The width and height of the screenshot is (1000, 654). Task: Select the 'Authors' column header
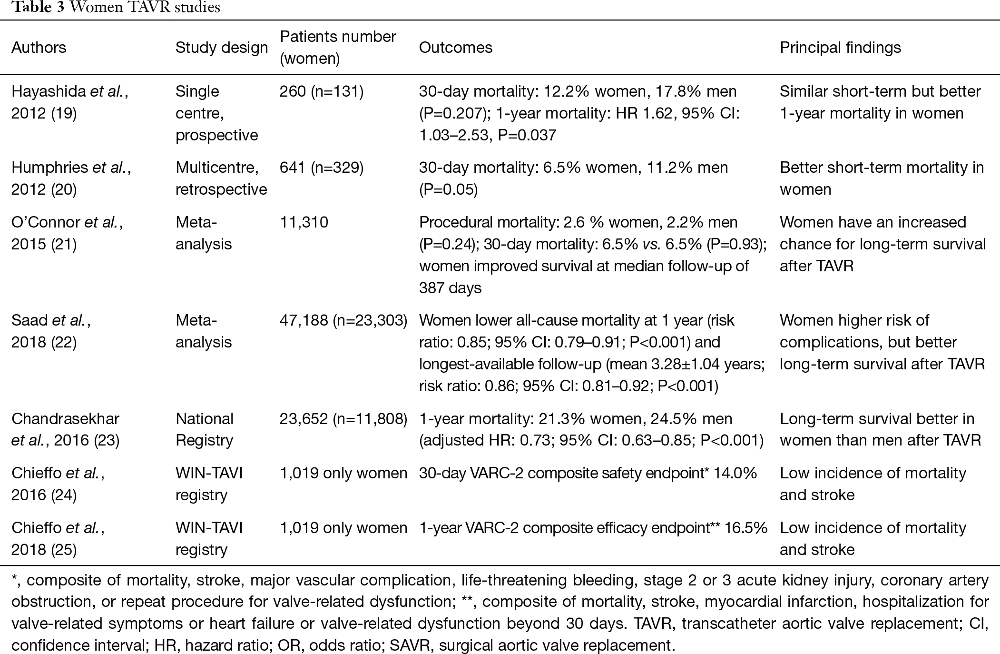pos(39,48)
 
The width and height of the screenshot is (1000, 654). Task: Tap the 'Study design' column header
pos(222,48)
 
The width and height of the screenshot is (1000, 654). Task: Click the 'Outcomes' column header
pos(455,48)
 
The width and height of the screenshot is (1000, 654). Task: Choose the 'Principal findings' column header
pos(840,48)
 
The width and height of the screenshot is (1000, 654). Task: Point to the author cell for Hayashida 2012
pos(70,102)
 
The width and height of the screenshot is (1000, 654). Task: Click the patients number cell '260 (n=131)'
pos(322,91)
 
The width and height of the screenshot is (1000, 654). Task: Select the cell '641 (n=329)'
pos(322,168)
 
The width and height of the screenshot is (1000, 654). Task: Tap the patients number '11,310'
pos(304,222)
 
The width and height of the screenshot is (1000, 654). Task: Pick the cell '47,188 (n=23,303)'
pos(343,320)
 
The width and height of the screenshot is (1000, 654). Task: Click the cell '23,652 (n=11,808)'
pos(343,419)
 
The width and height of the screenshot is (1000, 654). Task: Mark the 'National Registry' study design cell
pos(205,429)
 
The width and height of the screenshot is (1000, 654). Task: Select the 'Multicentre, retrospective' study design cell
pos(221,178)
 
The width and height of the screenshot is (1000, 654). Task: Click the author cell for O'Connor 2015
pos(67,233)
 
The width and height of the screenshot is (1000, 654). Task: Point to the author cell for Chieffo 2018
pos(58,539)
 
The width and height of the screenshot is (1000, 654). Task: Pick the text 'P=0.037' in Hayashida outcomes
pos(527,135)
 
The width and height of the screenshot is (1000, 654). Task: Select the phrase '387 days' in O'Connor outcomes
pos(450,288)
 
